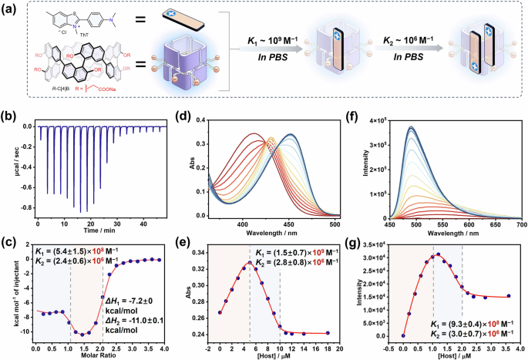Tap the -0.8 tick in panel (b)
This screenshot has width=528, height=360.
26,207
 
